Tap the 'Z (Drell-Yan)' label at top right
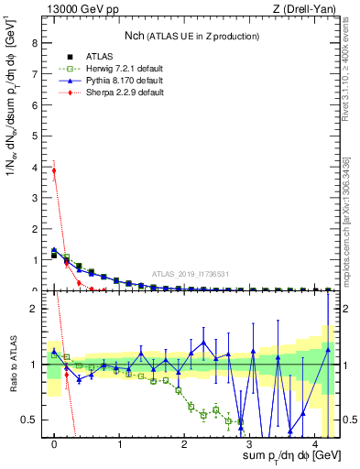click(x=309, y=9)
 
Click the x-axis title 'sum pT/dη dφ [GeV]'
click(x=282, y=455)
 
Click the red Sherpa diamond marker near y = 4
click(x=54, y=170)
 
